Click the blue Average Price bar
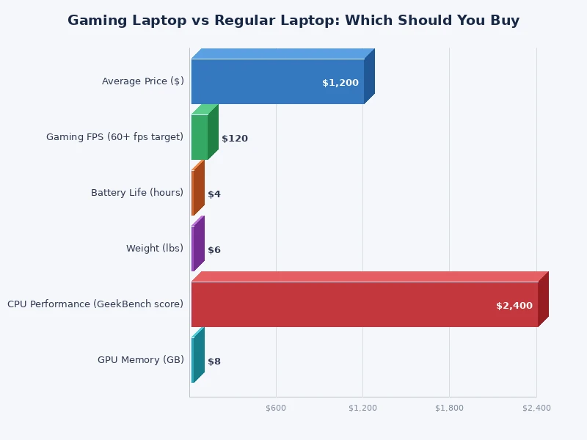pos(277,81)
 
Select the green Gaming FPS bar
pos(200,137)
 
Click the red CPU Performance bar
pos(364,304)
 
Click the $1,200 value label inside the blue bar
pos(340,83)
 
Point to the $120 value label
pos(235,139)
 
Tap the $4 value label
pos(214,194)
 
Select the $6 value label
pos(214,250)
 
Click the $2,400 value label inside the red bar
pos(514,306)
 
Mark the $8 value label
pos(214,362)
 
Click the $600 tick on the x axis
pos(276,408)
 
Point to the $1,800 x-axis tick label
pos(450,408)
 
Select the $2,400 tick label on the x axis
pos(536,408)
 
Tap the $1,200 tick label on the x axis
pos(362,408)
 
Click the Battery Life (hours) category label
pos(137,193)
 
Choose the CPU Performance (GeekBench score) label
pos(95,304)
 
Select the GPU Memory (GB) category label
pos(141,360)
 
